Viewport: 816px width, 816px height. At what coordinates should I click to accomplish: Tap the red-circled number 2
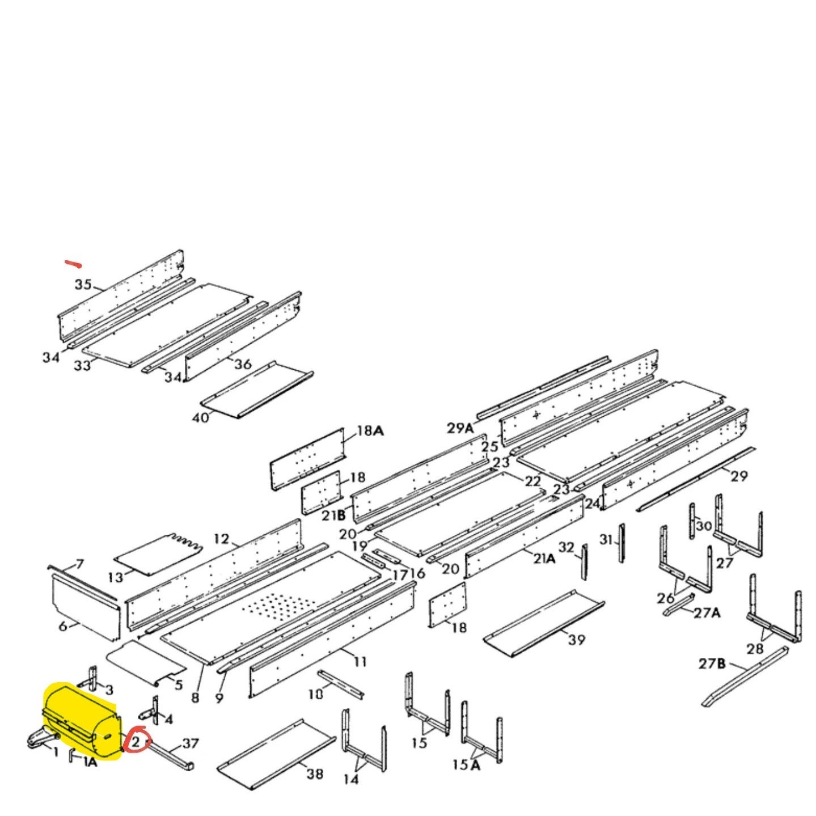tap(137, 742)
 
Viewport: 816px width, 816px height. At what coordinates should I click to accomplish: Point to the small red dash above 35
tap(73, 264)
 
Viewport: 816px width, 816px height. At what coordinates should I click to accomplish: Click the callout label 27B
tap(712, 663)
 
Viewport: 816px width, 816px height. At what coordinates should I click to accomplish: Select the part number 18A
tap(370, 431)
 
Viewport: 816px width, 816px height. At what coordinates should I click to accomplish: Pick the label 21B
tap(333, 515)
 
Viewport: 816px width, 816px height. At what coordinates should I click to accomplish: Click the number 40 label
tap(201, 418)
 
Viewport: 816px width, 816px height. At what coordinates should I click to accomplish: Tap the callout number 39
tap(576, 640)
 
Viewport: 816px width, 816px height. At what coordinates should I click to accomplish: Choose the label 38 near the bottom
tap(315, 773)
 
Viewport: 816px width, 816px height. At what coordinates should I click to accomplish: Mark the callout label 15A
tap(466, 765)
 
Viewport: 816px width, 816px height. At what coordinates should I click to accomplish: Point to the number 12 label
tap(221, 538)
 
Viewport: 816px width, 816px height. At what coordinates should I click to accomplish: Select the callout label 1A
tap(90, 762)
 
